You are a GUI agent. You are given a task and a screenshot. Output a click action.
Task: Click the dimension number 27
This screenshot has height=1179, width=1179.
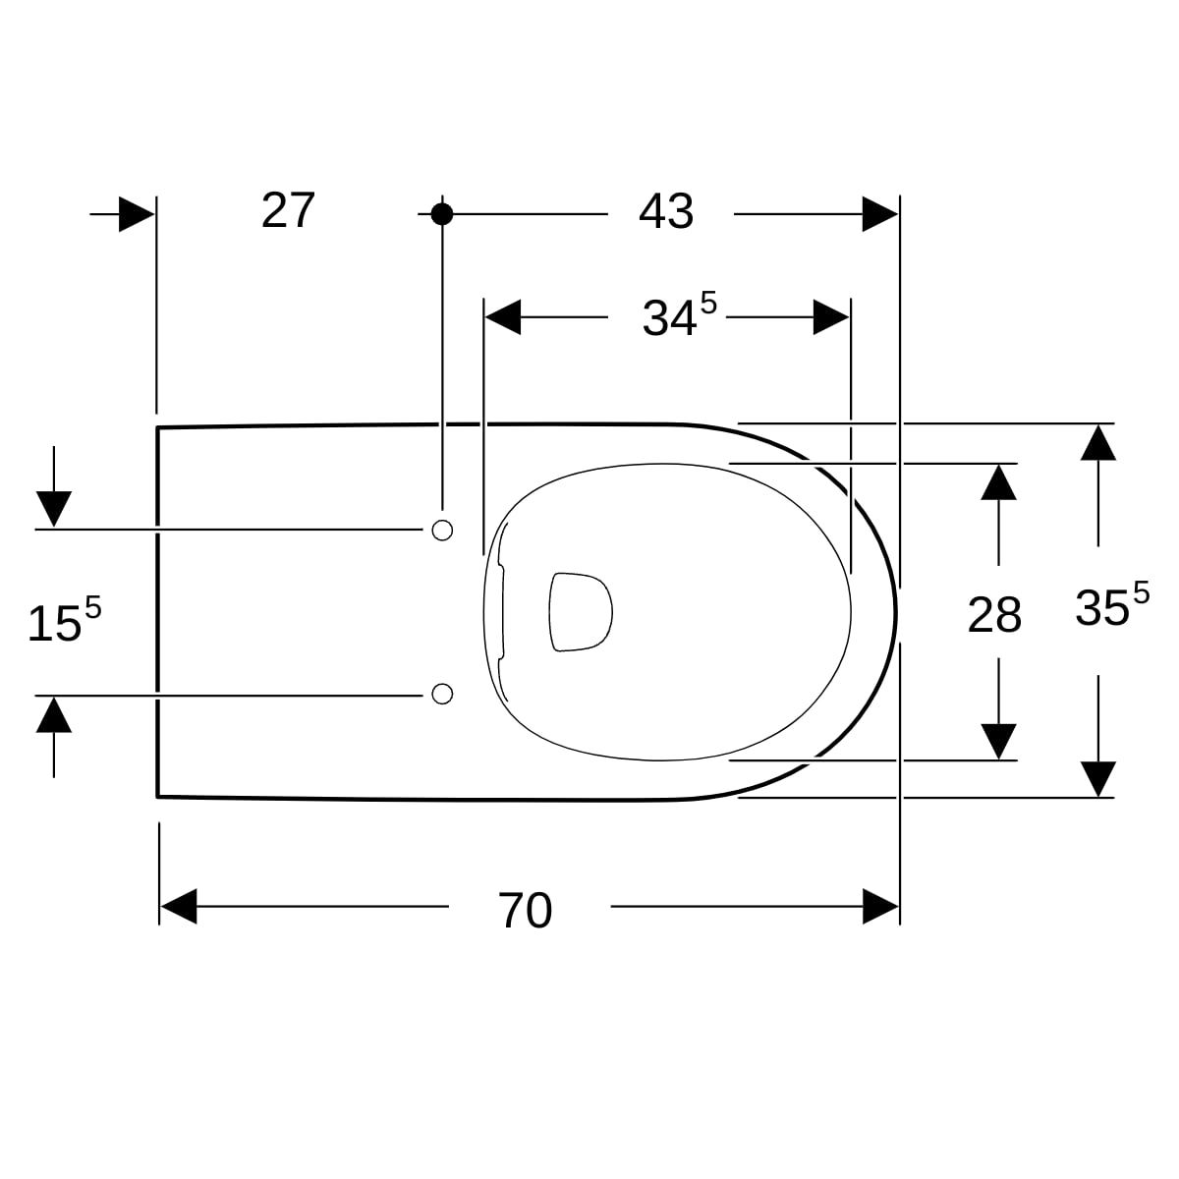pyautogui.click(x=288, y=210)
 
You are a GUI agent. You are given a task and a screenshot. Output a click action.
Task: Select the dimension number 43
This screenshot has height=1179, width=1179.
pyautogui.click(x=666, y=211)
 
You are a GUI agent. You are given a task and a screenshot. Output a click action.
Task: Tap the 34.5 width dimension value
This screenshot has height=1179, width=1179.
pyautogui.click(x=679, y=314)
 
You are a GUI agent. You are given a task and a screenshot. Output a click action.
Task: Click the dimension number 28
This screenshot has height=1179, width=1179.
pyautogui.click(x=994, y=615)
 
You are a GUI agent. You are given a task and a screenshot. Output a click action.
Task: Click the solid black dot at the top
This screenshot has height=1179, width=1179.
pyautogui.click(x=442, y=214)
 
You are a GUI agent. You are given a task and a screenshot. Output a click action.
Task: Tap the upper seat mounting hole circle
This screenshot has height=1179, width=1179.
pyautogui.click(x=442, y=530)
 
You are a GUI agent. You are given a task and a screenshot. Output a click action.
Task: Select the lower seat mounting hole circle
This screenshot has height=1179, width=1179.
pyautogui.click(x=442, y=694)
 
